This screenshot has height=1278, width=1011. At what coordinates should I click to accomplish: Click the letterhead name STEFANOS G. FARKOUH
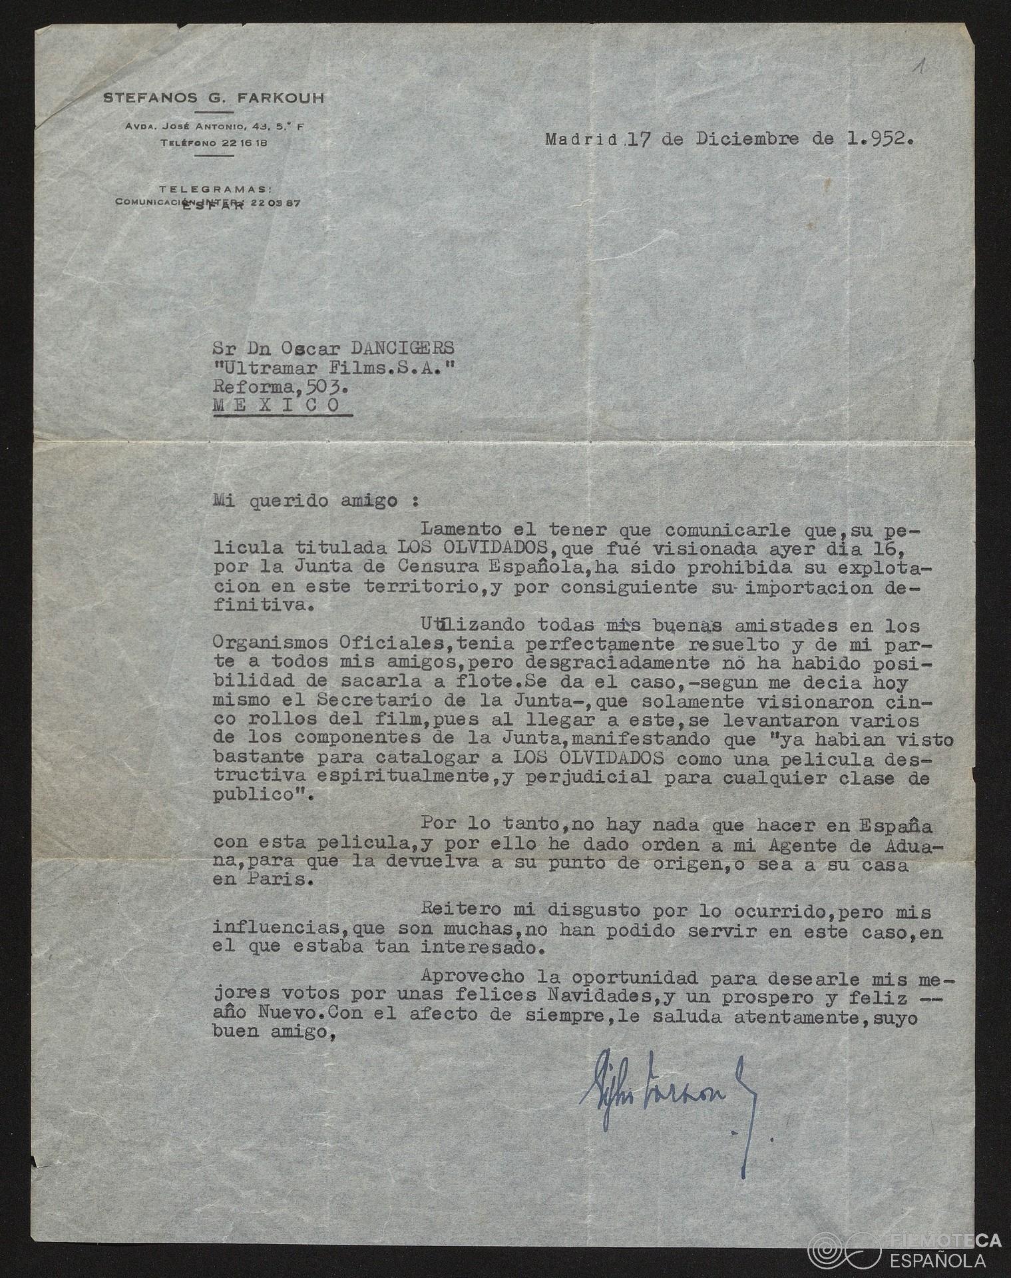214,99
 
